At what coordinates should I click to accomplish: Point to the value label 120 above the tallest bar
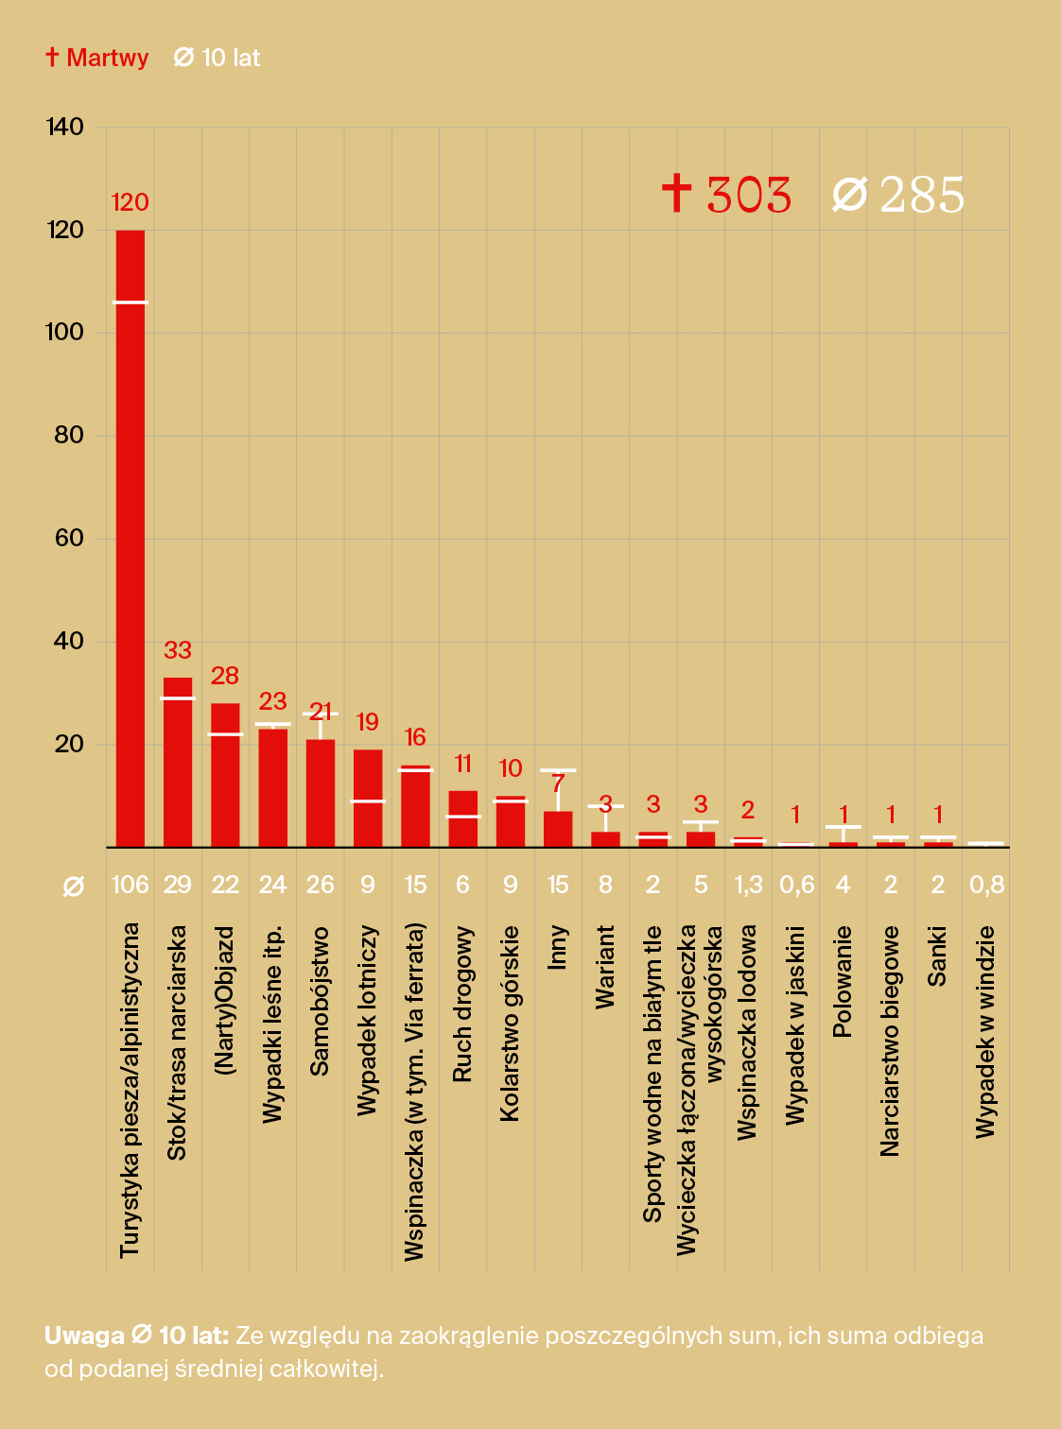(x=130, y=202)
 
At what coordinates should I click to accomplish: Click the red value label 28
(x=225, y=676)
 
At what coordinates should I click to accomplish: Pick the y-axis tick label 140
(x=64, y=127)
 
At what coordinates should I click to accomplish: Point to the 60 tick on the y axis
(x=69, y=538)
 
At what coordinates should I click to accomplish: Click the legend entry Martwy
(x=97, y=58)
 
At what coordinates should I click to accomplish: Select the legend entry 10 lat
(x=217, y=58)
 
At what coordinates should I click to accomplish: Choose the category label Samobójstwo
(x=321, y=1001)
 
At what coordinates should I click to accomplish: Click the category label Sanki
(x=937, y=956)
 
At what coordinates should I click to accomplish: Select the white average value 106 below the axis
(x=130, y=885)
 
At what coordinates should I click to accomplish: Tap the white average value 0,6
(x=796, y=885)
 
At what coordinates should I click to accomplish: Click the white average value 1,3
(x=748, y=885)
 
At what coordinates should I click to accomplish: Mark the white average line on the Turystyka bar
(x=130, y=302)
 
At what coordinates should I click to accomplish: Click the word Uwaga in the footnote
(x=84, y=1335)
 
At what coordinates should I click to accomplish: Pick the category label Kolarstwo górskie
(x=511, y=1024)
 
